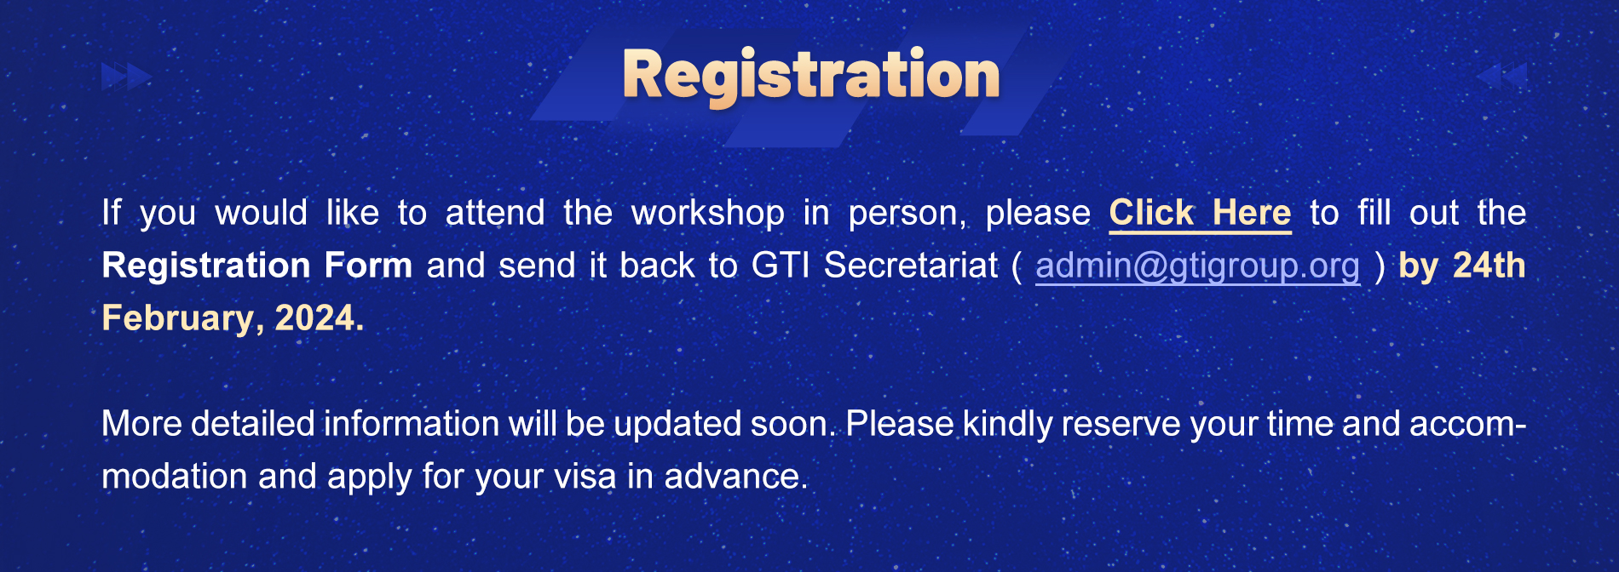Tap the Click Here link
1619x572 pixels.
click(1200, 213)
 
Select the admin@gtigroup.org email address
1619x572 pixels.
click(1197, 266)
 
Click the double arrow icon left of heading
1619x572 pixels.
click(127, 77)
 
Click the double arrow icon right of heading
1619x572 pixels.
click(1501, 76)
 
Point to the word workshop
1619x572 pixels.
click(707, 214)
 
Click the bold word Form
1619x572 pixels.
click(368, 266)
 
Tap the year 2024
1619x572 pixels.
click(319, 318)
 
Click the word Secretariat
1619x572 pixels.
click(911, 266)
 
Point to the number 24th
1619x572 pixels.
click(1489, 266)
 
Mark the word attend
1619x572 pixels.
click(494, 213)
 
